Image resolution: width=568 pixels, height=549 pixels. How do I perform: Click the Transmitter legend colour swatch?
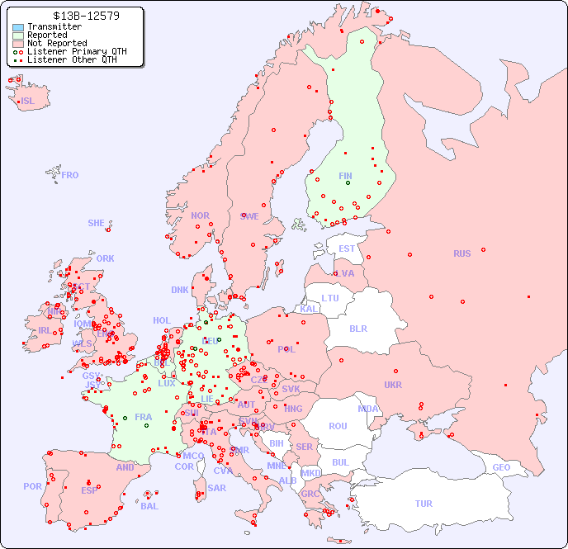click(18, 27)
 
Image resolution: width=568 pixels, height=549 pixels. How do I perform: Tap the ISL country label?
click(28, 102)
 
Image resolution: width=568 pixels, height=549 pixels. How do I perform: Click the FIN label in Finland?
click(345, 176)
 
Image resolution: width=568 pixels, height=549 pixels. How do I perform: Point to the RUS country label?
click(461, 253)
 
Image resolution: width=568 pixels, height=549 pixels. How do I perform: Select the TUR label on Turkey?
click(424, 504)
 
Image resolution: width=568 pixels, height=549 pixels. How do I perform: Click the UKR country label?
click(393, 385)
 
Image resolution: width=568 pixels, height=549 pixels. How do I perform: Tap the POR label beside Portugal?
click(32, 486)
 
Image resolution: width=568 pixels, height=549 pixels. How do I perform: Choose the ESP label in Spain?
click(89, 490)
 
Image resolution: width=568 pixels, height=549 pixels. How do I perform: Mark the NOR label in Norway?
click(200, 215)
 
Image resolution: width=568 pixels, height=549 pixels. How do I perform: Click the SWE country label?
click(249, 216)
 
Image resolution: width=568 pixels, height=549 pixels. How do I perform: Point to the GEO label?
click(501, 467)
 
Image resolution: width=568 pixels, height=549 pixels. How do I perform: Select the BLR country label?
click(358, 328)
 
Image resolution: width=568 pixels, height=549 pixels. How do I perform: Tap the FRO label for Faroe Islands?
click(70, 175)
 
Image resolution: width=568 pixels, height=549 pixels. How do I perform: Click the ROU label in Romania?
click(338, 426)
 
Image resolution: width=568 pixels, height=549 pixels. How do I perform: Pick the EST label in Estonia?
click(347, 248)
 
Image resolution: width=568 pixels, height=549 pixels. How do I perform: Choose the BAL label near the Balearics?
click(149, 506)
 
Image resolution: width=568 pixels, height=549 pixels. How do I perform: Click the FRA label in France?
click(144, 417)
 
